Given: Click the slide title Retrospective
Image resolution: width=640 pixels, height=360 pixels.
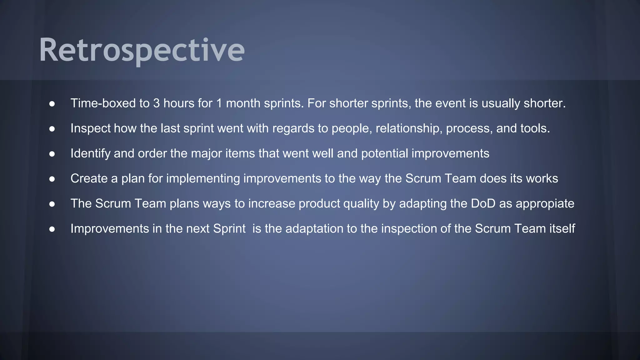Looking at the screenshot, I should tap(142, 50).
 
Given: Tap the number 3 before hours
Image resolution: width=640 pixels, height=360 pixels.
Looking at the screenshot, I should tap(156, 103).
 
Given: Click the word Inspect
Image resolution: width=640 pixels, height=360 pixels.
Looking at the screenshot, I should tap(90, 128).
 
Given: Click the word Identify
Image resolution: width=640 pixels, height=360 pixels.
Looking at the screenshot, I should tap(90, 153).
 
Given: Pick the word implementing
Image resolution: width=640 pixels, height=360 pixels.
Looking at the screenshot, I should tap(203, 178).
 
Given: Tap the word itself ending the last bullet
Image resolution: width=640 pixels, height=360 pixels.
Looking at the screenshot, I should tap(562, 228).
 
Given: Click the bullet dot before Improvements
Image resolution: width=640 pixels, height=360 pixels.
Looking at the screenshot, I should tap(52, 229).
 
